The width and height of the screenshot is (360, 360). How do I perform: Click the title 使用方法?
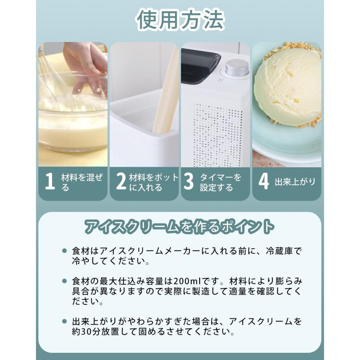pos(180,20)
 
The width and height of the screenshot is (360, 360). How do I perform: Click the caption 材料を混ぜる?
pos(82,182)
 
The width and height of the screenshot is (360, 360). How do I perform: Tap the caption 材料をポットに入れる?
pos(154,182)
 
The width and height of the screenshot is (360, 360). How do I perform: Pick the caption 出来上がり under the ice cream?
pos(295,182)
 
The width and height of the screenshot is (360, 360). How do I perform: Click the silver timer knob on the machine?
pos(237,68)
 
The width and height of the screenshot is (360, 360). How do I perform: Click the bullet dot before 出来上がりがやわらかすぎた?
pos(64,321)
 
